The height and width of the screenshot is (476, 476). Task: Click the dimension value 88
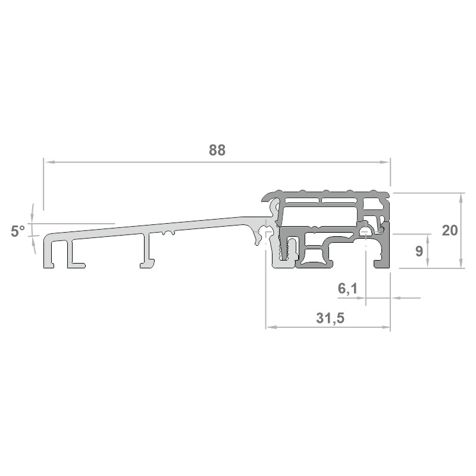click(217, 151)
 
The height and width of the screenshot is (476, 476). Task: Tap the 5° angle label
click(18, 231)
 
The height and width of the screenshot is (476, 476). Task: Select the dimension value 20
click(450, 231)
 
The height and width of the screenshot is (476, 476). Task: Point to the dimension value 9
click(419, 251)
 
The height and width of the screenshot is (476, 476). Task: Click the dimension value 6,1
click(348, 289)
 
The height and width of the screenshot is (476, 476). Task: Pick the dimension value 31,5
click(330, 318)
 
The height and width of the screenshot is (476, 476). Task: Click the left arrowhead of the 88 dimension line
click(49, 162)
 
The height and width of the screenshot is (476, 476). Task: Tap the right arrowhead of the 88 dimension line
click(385, 162)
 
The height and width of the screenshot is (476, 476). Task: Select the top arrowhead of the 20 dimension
click(461, 198)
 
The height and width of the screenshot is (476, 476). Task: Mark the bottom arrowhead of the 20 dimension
click(461, 263)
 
